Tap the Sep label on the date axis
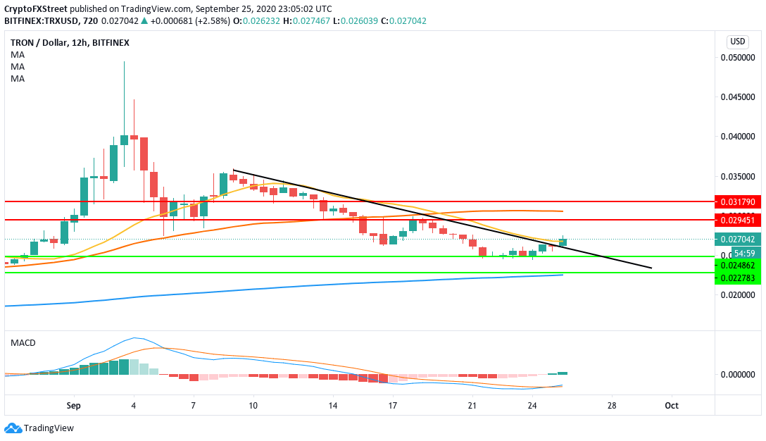pyautogui.click(x=73, y=406)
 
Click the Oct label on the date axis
pyautogui.click(x=672, y=406)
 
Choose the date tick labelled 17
pyautogui.click(x=393, y=406)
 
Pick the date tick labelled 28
pyautogui.click(x=612, y=406)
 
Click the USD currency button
pyautogui.click(x=737, y=41)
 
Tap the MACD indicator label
pyautogui.click(x=23, y=342)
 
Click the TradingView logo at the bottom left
pyautogui.click(x=39, y=428)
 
